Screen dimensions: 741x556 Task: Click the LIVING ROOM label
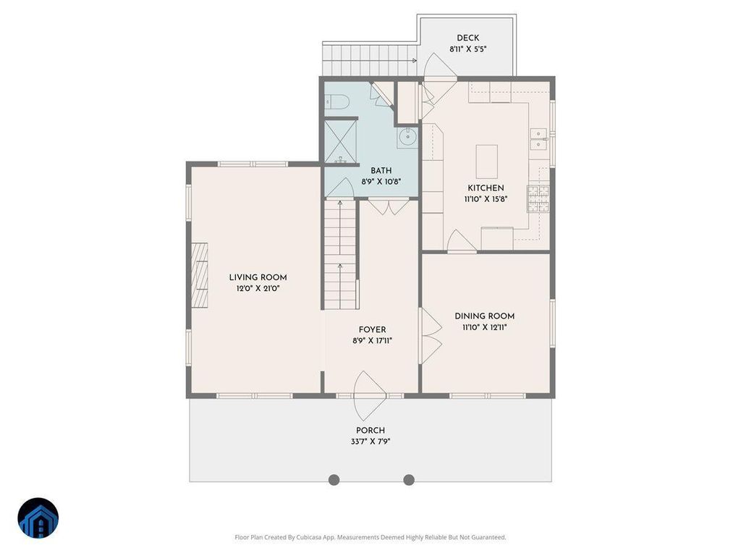(x=258, y=277)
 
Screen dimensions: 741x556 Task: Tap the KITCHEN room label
(x=486, y=188)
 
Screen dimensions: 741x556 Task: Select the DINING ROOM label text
(x=484, y=316)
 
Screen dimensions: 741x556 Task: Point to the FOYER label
(x=373, y=329)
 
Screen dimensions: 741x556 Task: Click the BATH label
(x=381, y=171)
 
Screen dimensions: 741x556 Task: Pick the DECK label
(x=468, y=38)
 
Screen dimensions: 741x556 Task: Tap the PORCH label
(x=370, y=430)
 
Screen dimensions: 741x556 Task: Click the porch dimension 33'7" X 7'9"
(x=370, y=442)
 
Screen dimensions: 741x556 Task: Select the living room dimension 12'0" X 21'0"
(x=258, y=288)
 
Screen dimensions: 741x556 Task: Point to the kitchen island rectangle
(x=487, y=161)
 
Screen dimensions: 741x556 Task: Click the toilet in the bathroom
(x=337, y=101)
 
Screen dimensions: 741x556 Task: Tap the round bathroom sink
(x=407, y=138)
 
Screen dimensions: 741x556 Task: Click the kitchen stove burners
(x=538, y=198)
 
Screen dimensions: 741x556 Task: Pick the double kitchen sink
(x=538, y=140)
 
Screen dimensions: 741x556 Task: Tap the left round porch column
(x=334, y=480)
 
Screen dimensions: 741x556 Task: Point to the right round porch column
(x=409, y=480)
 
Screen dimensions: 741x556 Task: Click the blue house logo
(x=38, y=518)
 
